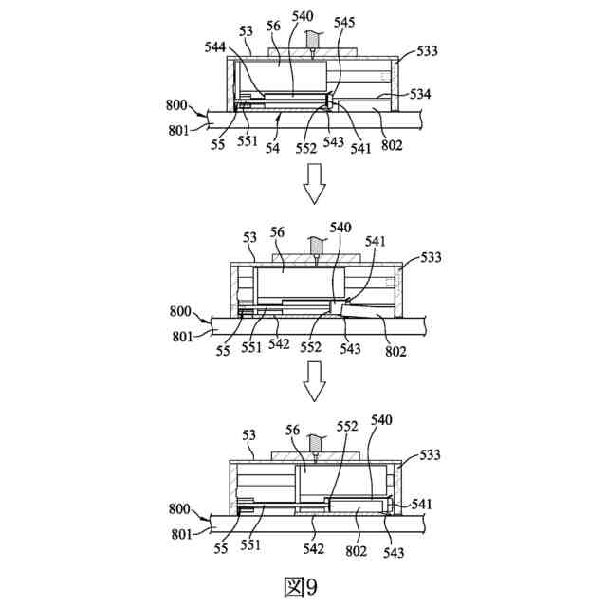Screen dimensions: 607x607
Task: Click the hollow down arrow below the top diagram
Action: [x=314, y=183]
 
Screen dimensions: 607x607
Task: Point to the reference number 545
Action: [x=345, y=21]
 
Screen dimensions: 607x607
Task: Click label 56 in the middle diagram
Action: [x=279, y=231]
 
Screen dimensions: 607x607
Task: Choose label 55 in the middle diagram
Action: [x=224, y=350]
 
